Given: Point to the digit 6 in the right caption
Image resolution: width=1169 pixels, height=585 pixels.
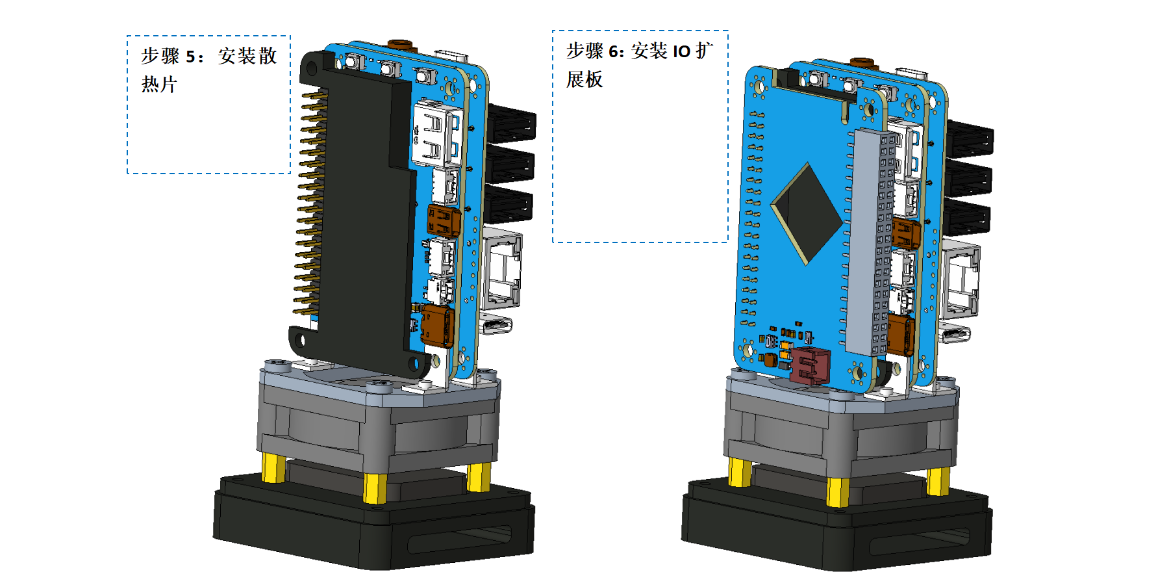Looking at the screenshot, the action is pyautogui.click(x=613, y=51).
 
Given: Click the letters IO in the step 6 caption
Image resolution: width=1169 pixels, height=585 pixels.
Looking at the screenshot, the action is pyautogui.click(x=681, y=51).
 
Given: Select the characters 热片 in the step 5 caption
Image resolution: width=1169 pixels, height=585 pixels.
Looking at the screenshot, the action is pyautogui.click(x=159, y=84).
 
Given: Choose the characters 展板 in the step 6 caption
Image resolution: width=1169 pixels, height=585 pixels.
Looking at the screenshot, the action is pyautogui.click(x=584, y=79).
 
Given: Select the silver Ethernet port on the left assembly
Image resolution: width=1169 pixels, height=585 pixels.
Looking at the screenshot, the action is pyautogui.click(x=502, y=268).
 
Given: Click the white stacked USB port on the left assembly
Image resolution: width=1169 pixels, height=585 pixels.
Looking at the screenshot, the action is pyautogui.click(x=436, y=133).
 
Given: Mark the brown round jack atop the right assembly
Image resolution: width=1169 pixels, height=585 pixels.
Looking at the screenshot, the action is pyautogui.click(x=862, y=63).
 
